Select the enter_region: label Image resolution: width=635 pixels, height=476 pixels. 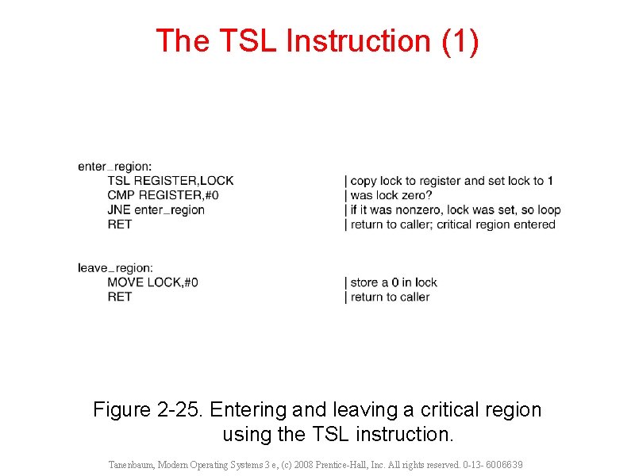115,167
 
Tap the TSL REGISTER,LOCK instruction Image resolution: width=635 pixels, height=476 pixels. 171,181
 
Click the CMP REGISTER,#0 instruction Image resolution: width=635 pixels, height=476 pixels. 164,195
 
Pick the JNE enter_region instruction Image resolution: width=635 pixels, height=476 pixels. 156,209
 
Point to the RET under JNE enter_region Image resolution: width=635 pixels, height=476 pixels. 120,224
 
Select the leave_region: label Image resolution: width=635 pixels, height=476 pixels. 116,268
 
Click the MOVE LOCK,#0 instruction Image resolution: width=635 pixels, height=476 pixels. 152,282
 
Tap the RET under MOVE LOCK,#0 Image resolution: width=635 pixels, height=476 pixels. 120,297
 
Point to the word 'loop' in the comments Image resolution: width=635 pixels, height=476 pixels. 548,210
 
